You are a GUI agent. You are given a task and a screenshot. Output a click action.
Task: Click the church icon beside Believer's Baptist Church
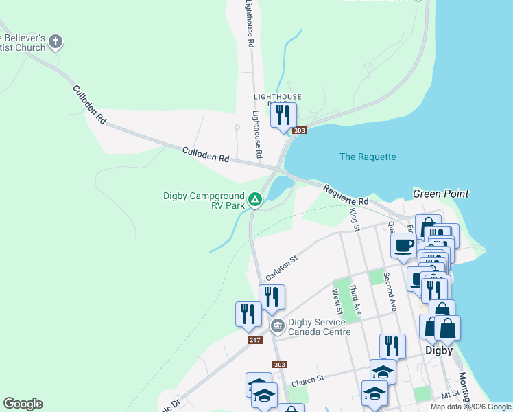56,42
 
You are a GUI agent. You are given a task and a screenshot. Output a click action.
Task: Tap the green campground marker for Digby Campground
255,200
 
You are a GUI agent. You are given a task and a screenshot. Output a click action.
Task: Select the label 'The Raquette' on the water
368,157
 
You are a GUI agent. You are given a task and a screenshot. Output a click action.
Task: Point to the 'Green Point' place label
440,194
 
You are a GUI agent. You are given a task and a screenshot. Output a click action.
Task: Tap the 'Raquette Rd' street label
346,194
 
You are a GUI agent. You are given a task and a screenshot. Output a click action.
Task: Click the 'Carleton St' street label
281,268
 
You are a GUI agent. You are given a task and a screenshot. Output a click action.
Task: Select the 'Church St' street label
307,379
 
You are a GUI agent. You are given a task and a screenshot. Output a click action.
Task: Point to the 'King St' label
355,220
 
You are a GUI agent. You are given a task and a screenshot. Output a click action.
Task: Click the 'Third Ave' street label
354,297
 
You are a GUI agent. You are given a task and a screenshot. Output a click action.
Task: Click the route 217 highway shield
253,340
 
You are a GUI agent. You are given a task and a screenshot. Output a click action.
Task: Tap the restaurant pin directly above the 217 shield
248,313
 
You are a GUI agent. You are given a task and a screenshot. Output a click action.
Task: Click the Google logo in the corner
23,404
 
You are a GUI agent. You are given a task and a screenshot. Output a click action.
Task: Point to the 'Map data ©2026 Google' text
470,407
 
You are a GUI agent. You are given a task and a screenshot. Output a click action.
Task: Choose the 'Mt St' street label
449,395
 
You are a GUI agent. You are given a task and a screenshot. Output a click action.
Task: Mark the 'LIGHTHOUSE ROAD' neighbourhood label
277,98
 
